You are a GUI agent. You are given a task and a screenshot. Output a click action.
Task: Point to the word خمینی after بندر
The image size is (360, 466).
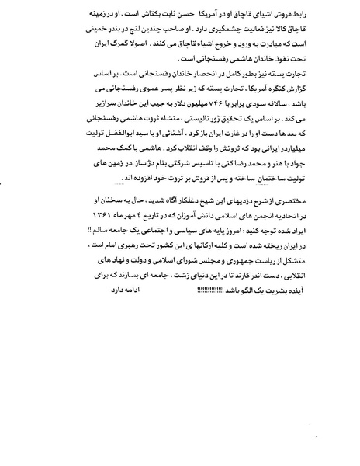coord(85,32)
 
